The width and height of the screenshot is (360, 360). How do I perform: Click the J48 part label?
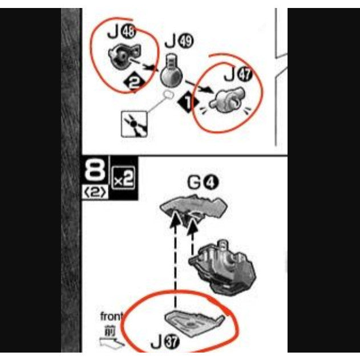click(x=122, y=32)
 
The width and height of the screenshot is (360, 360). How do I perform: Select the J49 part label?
click(x=179, y=42)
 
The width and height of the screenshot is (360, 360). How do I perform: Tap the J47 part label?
click(x=238, y=75)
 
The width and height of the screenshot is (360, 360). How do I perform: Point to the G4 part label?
click(x=203, y=183)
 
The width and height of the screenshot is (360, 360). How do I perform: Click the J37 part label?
click(x=165, y=343)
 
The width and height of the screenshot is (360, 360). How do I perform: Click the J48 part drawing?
click(x=124, y=56)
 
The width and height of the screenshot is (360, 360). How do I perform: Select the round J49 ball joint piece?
click(x=172, y=72)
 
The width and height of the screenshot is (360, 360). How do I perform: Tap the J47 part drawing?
click(x=227, y=100)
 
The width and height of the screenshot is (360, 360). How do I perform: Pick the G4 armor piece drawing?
click(x=193, y=208)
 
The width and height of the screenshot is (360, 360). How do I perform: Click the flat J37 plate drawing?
click(x=194, y=322)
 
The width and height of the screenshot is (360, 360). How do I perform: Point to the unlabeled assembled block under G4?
click(x=223, y=267)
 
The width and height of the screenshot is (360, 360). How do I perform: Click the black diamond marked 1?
click(x=188, y=102)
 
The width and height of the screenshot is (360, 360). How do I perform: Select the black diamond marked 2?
click(x=134, y=82)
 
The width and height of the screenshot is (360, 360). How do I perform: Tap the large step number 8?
click(x=95, y=171)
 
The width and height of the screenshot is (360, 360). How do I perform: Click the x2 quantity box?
click(x=123, y=179)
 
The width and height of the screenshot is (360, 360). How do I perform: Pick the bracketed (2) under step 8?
click(x=95, y=192)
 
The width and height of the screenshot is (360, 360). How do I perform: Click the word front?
click(x=111, y=317)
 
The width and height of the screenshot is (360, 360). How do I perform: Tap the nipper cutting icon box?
click(x=134, y=124)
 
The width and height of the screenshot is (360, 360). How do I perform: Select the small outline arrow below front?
click(x=112, y=342)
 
